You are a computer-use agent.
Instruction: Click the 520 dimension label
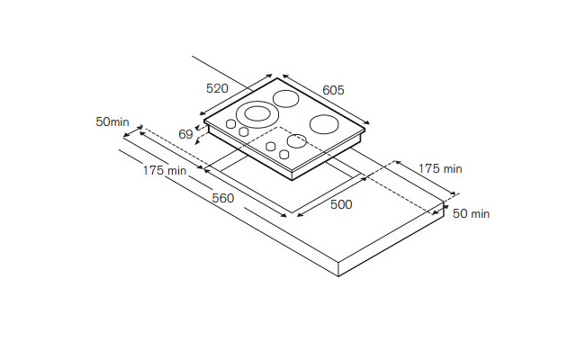pyautogui.click(x=217, y=88)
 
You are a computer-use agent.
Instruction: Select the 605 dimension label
pyautogui.click(x=334, y=90)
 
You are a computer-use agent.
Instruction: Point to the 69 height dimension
pyautogui.click(x=185, y=134)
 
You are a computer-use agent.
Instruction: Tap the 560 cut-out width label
pyautogui.click(x=223, y=198)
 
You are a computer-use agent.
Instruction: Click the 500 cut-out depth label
pyautogui.click(x=341, y=204)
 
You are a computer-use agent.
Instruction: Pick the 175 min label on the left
pyautogui.click(x=165, y=170)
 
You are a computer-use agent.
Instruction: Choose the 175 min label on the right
pyautogui.click(x=440, y=168)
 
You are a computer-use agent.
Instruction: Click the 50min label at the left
pyautogui.click(x=112, y=121)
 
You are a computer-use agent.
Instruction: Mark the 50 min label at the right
pyautogui.click(x=472, y=213)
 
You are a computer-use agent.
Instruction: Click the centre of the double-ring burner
pyautogui.click(x=257, y=113)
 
